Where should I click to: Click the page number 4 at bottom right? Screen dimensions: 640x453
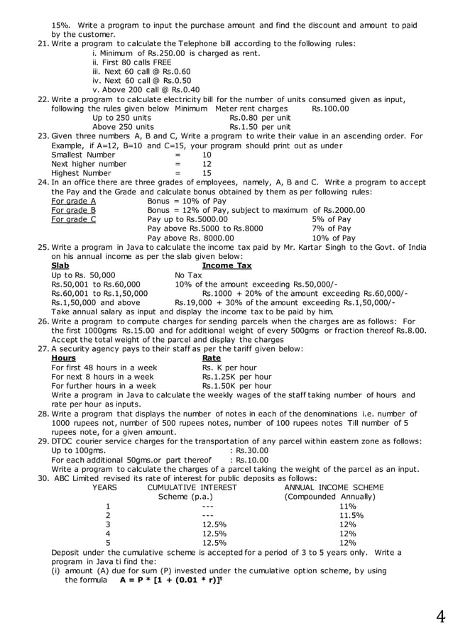440,617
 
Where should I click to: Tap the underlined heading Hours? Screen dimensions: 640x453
64,358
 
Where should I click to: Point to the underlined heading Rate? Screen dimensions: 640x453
212,358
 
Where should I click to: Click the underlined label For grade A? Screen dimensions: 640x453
74,201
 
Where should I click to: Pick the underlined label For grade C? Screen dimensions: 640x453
74,219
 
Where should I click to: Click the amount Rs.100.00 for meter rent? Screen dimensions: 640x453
330,109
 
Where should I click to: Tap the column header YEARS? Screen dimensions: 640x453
104,487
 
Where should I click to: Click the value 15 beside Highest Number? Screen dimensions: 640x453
207,173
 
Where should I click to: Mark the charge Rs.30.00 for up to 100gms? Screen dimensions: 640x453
252,450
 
